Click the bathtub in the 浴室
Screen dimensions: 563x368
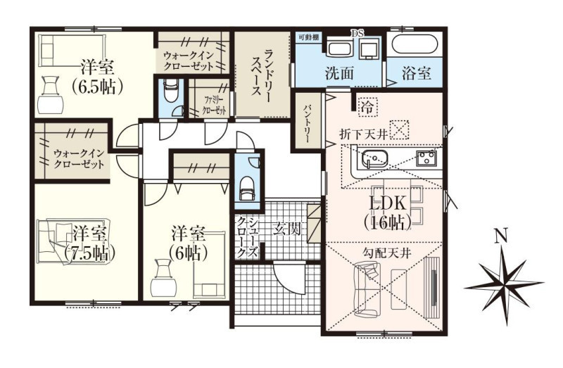(x=415, y=45)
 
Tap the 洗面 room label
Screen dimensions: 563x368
(x=339, y=73)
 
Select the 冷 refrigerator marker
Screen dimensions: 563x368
(x=367, y=107)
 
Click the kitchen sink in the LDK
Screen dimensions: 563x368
(x=375, y=158)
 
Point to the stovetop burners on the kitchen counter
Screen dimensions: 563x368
(x=426, y=158)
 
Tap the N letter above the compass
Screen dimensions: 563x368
(x=501, y=236)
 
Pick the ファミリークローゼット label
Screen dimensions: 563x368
(x=215, y=105)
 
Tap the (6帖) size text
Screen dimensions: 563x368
(x=189, y=253)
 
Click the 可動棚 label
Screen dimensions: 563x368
(x=308, y=37)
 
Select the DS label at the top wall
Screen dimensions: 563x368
(x=358, y=33)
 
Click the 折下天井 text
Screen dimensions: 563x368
(x=363, y=134)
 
